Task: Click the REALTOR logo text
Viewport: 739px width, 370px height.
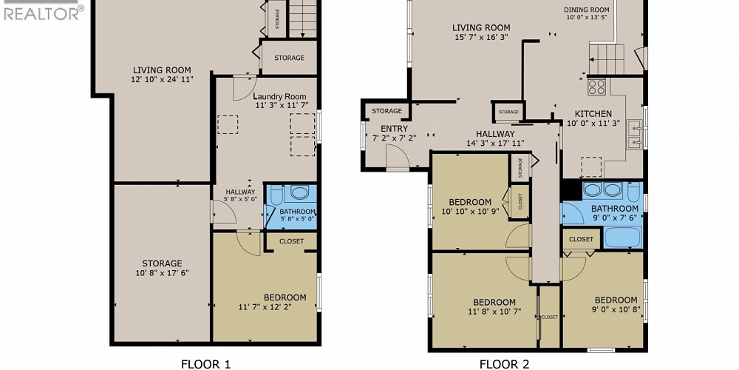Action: tap(41, 13)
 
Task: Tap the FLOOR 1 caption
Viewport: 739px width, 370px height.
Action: tap(206, 363)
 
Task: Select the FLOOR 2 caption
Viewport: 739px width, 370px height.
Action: tap(504, 363)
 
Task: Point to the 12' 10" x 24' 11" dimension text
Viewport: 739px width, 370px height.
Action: tap(162, 80)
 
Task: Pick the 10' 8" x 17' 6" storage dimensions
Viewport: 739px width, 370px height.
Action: tap(162, 273)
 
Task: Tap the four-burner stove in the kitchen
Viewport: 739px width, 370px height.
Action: tap(596, 87)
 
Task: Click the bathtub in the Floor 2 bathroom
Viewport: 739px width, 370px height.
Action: tap(622, 238)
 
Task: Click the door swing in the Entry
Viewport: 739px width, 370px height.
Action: tap(397, 156)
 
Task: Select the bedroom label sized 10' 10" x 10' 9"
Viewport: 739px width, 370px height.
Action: tap(469, 202)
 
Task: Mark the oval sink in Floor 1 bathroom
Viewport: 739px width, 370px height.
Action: tap(300, 194)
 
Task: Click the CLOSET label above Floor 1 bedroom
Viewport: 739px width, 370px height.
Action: tap(290, 240)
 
